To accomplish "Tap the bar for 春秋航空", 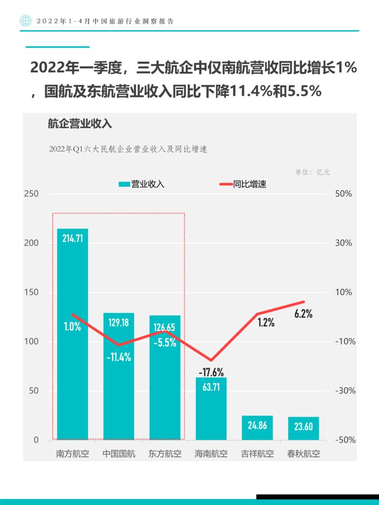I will coord(303,428).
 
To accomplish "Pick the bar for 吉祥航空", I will coord(257,428).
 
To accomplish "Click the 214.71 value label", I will coord(73,238).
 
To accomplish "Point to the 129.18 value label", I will coord(118,323).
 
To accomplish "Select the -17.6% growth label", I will coord(211,372).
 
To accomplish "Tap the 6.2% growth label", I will coord(303,314).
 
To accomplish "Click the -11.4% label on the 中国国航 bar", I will coord(119,357).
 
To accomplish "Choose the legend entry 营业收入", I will coord(142,184).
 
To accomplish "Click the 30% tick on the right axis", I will coord(344,243).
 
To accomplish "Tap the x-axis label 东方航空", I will coord(165,454).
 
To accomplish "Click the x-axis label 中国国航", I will coord(118,454).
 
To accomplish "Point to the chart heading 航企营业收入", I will coord(80,124).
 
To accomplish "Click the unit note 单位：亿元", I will coord(312,172).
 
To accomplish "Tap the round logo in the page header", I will coord(25,21).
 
